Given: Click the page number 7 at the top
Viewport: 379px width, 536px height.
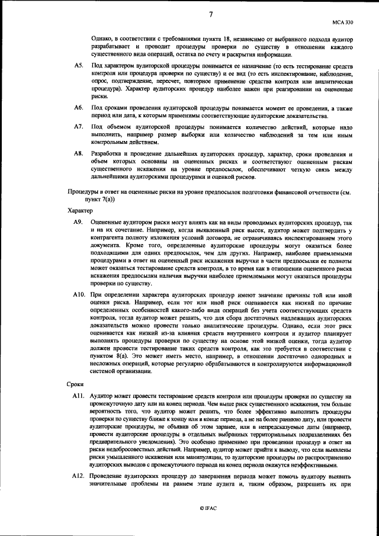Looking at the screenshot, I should click(210, 14).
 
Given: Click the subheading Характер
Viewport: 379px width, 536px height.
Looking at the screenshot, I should click(80, 211).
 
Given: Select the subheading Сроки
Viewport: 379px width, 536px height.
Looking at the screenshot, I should click(75, 385).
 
